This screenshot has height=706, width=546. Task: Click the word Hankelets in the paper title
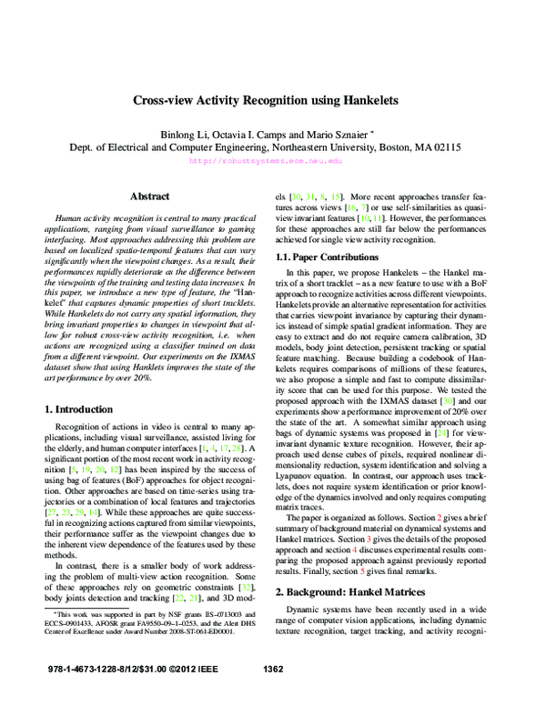click(x=379, y=104)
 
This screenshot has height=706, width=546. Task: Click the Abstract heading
click(x=149, y=196)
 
